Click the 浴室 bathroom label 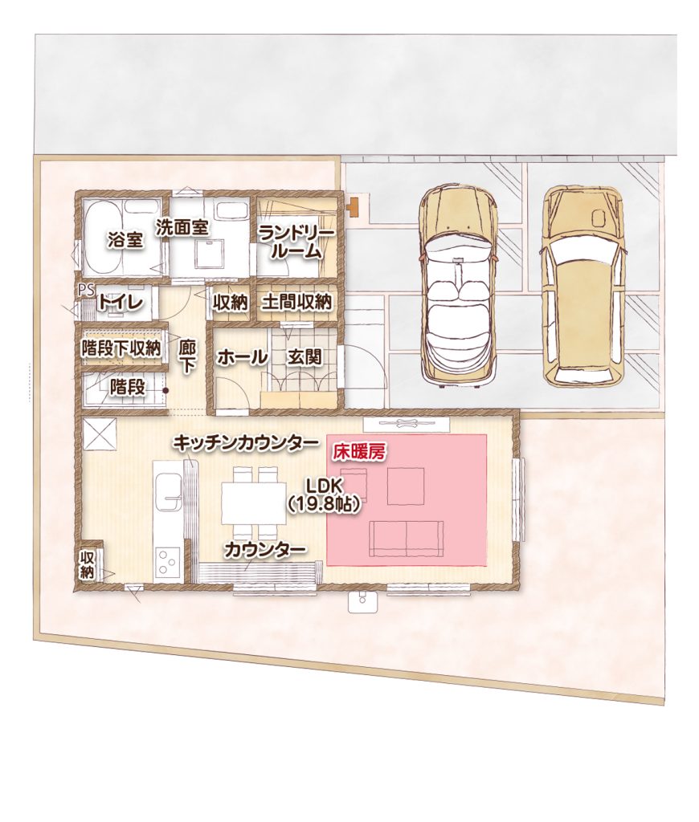pos(125,240)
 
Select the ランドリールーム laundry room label pos(296,242)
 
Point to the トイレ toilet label pos(121,303)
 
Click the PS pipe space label pos(85,290)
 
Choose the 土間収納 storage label pos(296,302)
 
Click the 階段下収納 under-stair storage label pos(121,348)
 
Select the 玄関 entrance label pos(304,357)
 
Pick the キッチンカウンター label pos(246,443)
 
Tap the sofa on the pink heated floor pos(407,539)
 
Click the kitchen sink pos(168,491)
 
